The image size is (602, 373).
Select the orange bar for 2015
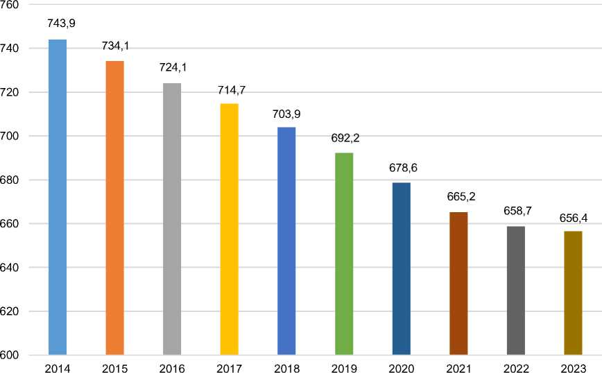[x=114, y=208]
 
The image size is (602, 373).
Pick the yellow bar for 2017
[x=229, y=229]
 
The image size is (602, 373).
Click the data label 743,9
[x=61, y=24]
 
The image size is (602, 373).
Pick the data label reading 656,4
[x=573, y=218]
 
